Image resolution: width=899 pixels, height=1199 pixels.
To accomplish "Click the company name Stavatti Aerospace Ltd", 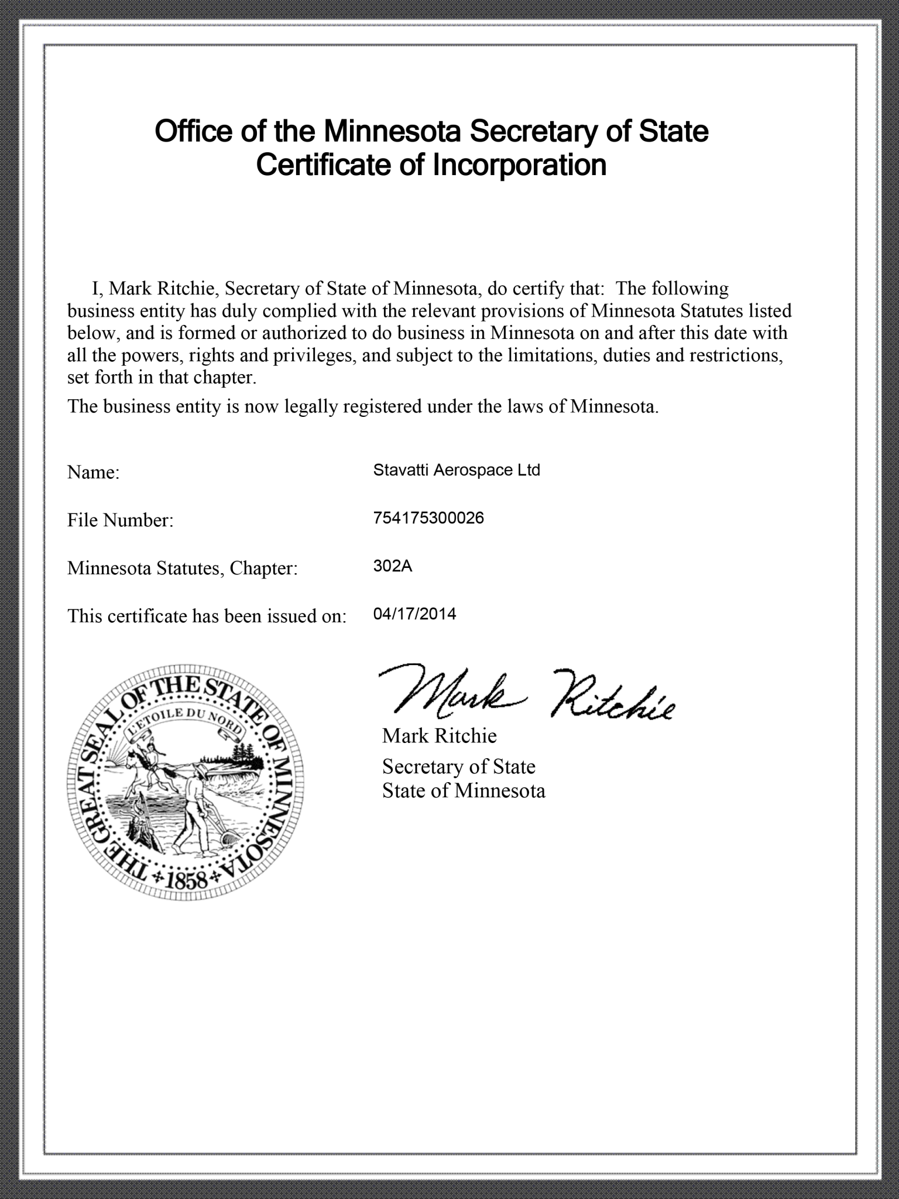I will tap(457, 470).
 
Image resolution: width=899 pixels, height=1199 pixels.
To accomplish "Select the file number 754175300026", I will tap(428, 518).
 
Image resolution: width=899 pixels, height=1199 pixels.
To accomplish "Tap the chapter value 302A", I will tap(393, 566).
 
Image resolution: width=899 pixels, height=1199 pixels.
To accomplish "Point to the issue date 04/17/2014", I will tap(414, 614).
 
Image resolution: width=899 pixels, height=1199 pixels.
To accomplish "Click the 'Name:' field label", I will tap(94, 472).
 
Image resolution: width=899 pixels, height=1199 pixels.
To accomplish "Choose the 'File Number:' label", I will tap(121, 520).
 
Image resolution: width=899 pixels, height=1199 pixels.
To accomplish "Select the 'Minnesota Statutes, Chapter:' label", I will tap(183, 568).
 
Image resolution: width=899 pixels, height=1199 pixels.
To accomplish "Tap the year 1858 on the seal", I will tap(187, 880).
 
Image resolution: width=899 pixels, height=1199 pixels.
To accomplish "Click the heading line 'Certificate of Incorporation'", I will tap(431, 165).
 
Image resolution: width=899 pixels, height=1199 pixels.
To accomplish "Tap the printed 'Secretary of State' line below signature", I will tap(458, 767).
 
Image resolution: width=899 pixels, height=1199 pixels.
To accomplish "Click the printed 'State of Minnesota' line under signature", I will tap(464, 791).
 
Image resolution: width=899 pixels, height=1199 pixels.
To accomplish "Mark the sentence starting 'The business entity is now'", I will tap(363, 406).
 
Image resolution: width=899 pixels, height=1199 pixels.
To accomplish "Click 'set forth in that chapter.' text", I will tap(162, 377).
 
